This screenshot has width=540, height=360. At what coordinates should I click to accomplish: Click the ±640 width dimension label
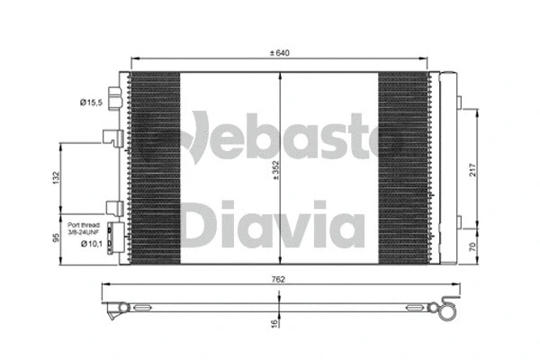point(281,53)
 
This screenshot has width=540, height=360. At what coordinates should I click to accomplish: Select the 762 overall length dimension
point(278,280)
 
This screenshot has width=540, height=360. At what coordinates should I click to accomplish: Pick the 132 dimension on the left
point(55,178)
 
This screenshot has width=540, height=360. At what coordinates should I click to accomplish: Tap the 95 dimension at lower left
point(55,239)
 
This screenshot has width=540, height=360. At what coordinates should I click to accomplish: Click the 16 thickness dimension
point(274,322)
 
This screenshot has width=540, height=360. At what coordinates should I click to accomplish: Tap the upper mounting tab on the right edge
point(455,101)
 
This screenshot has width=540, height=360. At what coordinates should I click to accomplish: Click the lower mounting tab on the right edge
point(455,223)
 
